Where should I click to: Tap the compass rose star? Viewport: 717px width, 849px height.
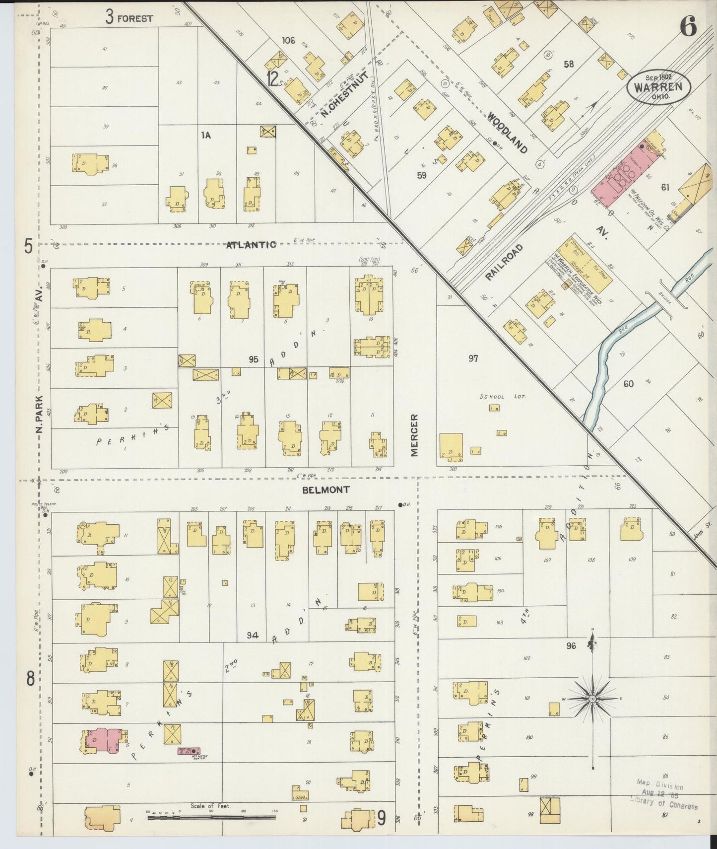pos(592,699)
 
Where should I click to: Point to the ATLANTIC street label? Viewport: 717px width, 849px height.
pos(251,245)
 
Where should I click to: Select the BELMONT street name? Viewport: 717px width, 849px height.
pos(326,490)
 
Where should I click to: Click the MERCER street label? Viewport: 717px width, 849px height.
pos(414,435)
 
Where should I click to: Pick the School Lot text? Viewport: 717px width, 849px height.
pos(502,397)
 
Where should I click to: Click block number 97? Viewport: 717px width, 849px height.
pos(473,358)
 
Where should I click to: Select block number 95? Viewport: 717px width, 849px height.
pos(254,359)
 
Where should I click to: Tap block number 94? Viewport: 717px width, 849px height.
pos(253,635)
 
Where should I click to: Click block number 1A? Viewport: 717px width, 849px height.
pos(206,135)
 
